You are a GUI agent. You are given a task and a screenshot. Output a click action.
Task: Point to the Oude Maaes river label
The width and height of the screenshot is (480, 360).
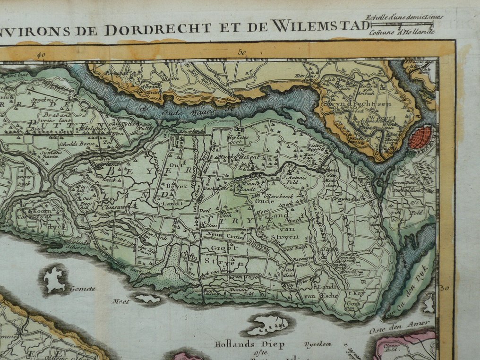(x=188, y=112)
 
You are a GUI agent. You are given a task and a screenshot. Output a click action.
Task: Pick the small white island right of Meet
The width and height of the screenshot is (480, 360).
(x=148, y=299)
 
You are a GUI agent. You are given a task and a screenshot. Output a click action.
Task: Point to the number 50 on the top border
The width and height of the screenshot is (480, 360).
(x=243, y=53)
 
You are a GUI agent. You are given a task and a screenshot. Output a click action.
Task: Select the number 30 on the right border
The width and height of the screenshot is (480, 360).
(x=444, y=288)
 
